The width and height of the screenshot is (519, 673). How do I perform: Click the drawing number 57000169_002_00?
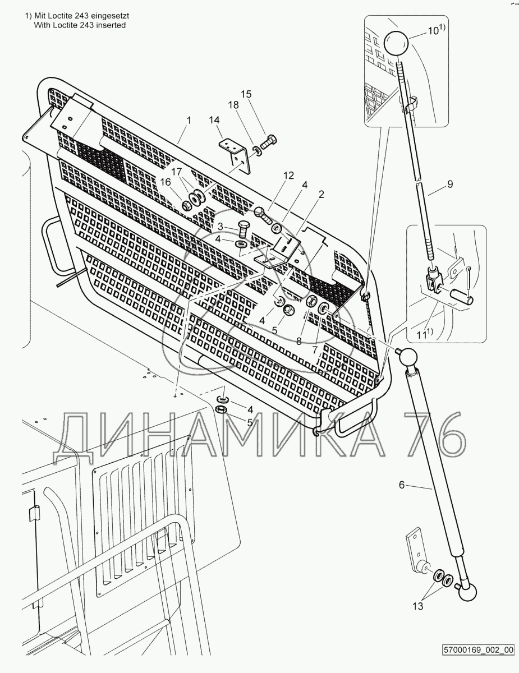(x=478, y=651)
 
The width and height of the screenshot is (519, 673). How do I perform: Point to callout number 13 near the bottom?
(x=417, y=606)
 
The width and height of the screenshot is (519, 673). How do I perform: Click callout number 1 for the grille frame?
(x=189, y=120)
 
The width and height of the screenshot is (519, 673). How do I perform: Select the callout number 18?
(x=233, y=105)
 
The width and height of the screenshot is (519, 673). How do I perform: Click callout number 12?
(x=288, y=176)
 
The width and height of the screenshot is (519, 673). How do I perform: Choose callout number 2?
(x=321, y=195)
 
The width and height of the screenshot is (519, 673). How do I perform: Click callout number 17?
(x=177, y=171)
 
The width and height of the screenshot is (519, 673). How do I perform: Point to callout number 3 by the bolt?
(x=221, y=225)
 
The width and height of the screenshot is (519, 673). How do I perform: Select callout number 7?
(x=315, y=349)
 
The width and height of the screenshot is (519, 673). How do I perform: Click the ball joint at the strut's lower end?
(x=469, y=591)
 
